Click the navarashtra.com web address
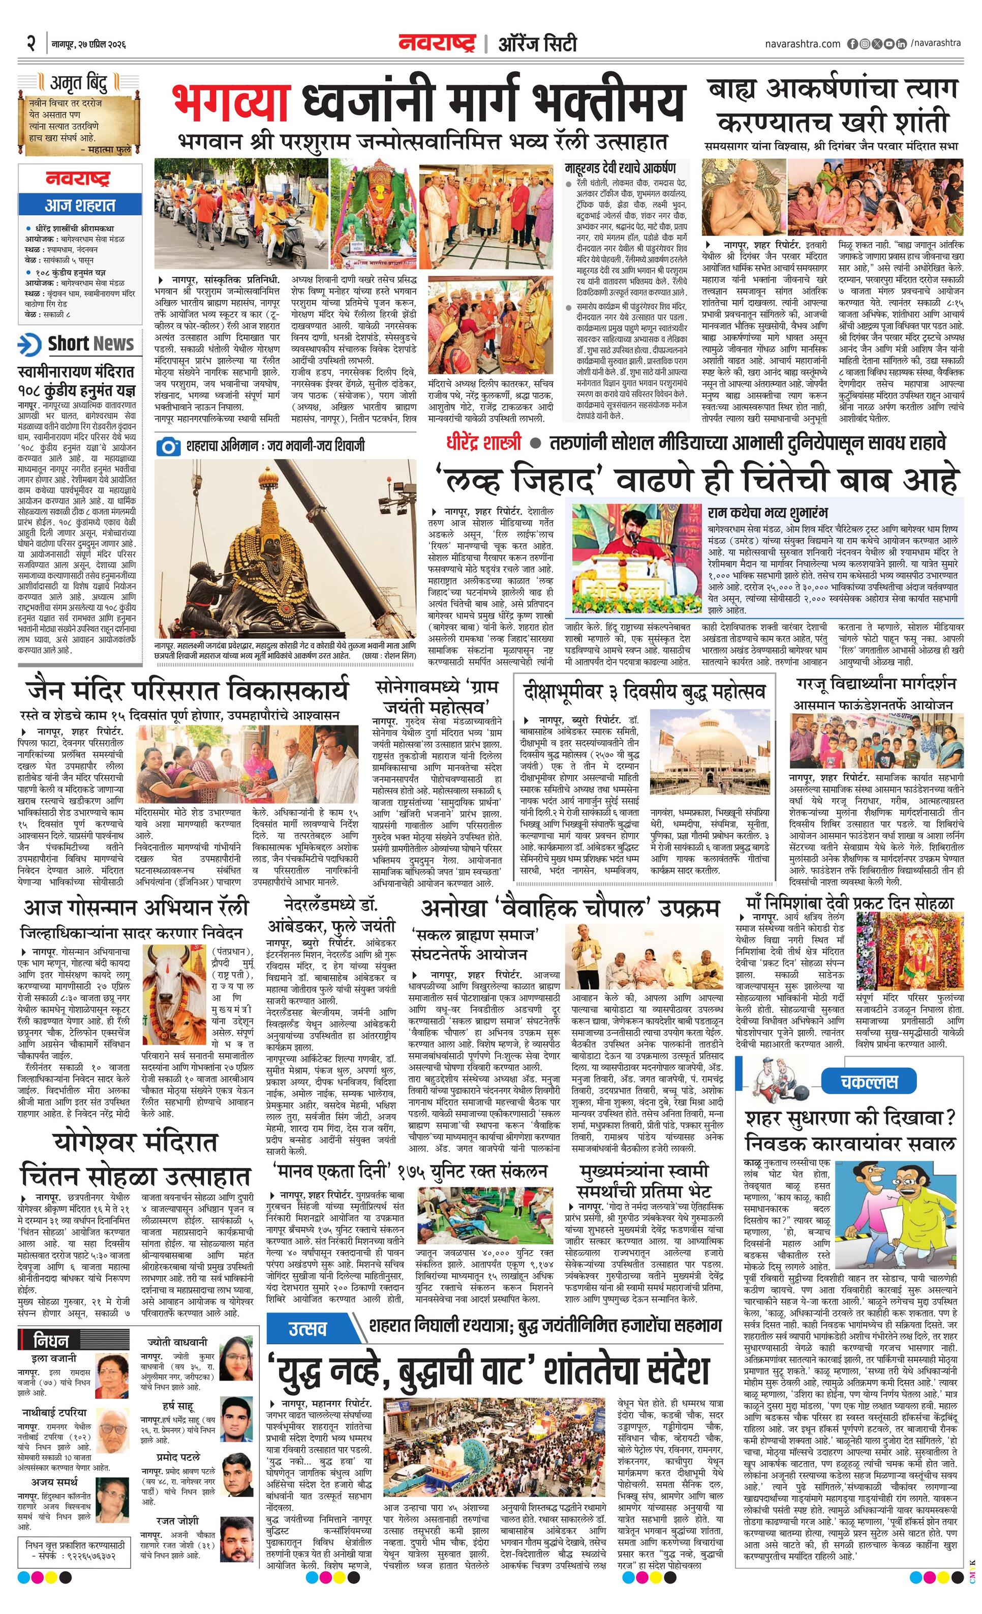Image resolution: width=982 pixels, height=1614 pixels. [802, 44]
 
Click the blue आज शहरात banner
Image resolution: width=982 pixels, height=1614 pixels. [79, 204]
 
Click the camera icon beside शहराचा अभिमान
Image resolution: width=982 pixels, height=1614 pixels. [168, 447]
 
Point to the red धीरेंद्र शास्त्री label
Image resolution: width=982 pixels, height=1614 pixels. [484, 444]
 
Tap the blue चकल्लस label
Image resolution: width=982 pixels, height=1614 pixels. [869, 1081]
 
